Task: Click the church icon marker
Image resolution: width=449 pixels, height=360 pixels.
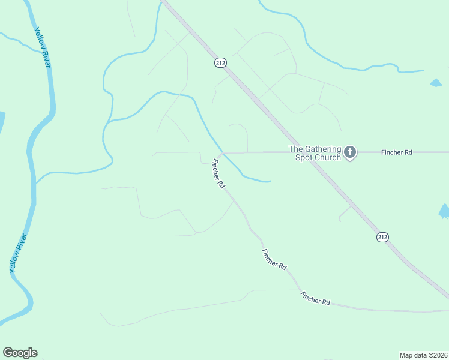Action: (350, 152)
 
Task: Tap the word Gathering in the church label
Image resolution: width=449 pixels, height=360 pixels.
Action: (323, 149)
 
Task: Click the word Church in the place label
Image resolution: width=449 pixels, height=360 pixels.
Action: (327, 157)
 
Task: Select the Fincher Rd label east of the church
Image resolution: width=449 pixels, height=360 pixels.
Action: (396, 152)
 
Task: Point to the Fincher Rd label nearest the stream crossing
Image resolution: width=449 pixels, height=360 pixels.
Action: (218, 174)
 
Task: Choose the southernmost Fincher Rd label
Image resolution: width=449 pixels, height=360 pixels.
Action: (316, 298)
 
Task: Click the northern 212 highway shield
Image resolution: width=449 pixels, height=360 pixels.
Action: (220, 62)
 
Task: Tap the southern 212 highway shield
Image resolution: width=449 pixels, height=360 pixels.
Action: (382, 237)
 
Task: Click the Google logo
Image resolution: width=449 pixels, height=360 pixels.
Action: (20, 353)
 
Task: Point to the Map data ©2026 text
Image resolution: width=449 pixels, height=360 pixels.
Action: (423, 355)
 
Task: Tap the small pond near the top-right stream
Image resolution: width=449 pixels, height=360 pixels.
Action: (436, 83)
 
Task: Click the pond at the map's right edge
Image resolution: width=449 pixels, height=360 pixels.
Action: (444, 211)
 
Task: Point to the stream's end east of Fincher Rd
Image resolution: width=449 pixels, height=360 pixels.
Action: (270, 180)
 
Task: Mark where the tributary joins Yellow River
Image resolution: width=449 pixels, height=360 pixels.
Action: (36, 182)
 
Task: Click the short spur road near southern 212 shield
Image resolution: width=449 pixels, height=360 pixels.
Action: (345, 213)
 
